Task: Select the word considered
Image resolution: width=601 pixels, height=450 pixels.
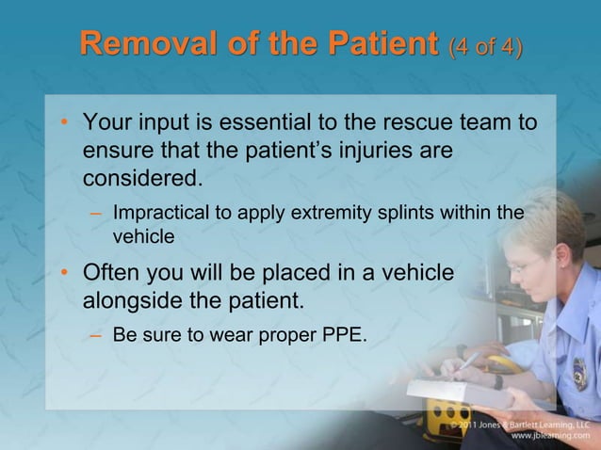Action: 141,178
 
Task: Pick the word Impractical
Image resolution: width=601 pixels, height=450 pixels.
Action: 160,213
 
